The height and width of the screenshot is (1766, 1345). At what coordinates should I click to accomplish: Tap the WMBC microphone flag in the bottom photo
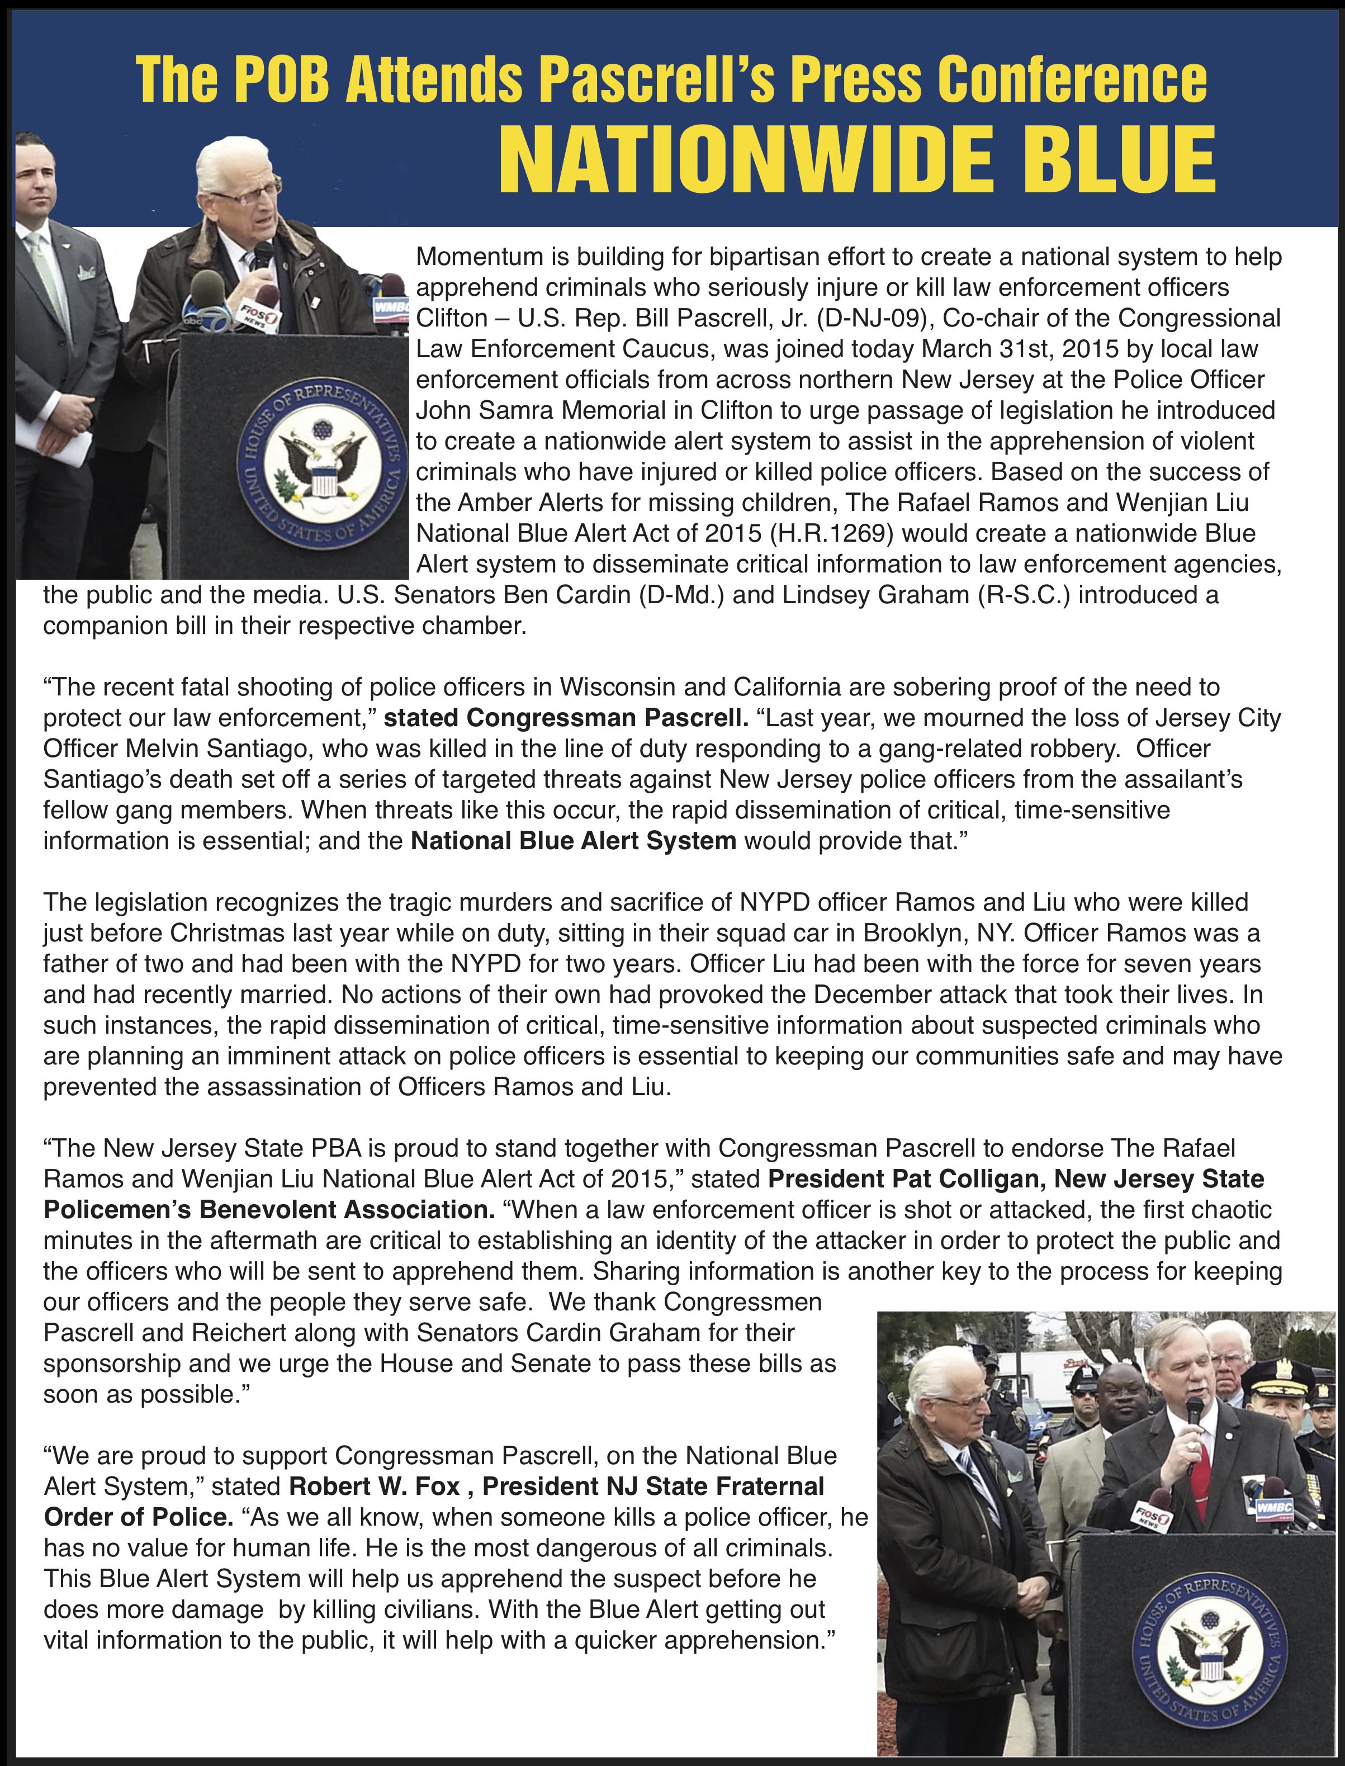[1275, 1507]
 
